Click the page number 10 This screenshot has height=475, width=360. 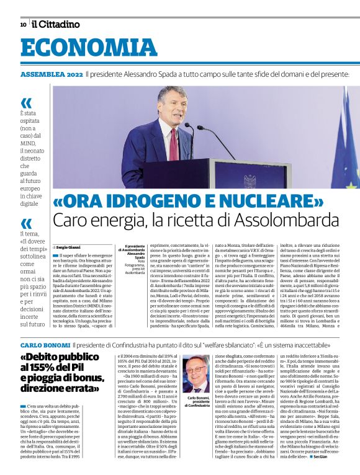(23, 25)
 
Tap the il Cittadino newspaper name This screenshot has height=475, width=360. (56, 24)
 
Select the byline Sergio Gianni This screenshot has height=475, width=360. (70, 246)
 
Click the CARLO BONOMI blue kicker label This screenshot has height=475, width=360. (44, 344)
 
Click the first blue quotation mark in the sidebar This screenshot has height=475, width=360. (25, 103)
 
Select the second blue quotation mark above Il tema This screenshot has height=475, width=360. (25, 224)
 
